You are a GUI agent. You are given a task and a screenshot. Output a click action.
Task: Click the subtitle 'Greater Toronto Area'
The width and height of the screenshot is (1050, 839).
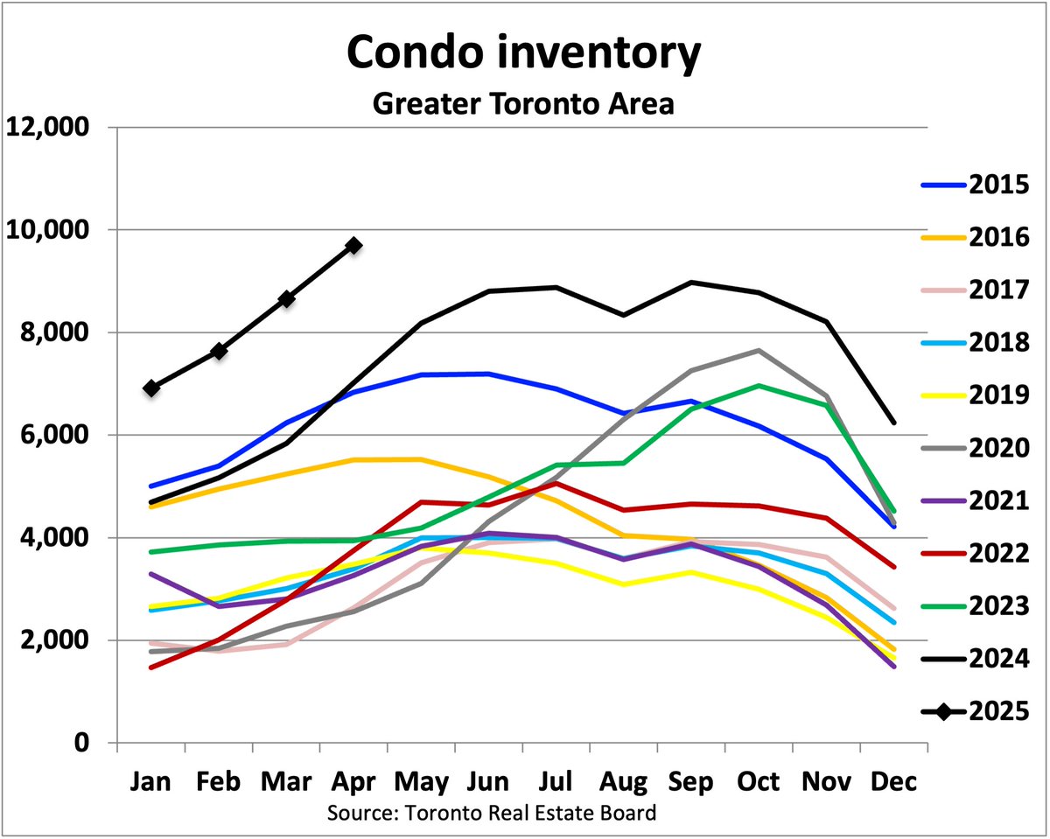point(523,103)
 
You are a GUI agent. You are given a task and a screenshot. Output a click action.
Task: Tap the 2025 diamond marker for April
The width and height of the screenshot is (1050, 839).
point(353,246)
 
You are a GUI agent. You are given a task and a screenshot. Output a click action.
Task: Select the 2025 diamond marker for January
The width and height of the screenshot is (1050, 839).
point(151,388)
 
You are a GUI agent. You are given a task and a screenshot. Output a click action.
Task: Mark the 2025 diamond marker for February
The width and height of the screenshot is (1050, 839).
point(219,351)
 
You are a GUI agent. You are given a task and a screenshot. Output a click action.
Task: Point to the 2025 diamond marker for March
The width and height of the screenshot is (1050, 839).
point(286,298)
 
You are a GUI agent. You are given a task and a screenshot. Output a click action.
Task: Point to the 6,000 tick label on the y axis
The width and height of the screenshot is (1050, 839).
point(54,435)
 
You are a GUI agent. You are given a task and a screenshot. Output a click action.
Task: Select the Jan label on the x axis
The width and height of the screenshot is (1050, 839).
point(151,781)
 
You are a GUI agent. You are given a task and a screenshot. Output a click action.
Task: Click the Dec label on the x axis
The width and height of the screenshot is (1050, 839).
point(893,781)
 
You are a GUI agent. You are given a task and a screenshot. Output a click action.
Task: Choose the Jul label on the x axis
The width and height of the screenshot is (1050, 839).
point(556,781)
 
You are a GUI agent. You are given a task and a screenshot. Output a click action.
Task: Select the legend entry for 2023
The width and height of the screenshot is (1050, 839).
point(997,606)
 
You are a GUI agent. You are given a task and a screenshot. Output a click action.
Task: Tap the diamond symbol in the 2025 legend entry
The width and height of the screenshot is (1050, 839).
point(943,712)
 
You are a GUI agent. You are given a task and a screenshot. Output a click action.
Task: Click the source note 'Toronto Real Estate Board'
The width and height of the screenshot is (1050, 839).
point(528,814)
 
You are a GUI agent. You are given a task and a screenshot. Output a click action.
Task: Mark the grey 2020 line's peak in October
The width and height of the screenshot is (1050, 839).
point(758,350)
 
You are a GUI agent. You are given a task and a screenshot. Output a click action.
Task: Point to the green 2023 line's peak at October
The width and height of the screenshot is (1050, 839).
point(758,386)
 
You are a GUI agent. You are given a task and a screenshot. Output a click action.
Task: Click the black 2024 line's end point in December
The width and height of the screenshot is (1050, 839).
point(893,423)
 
